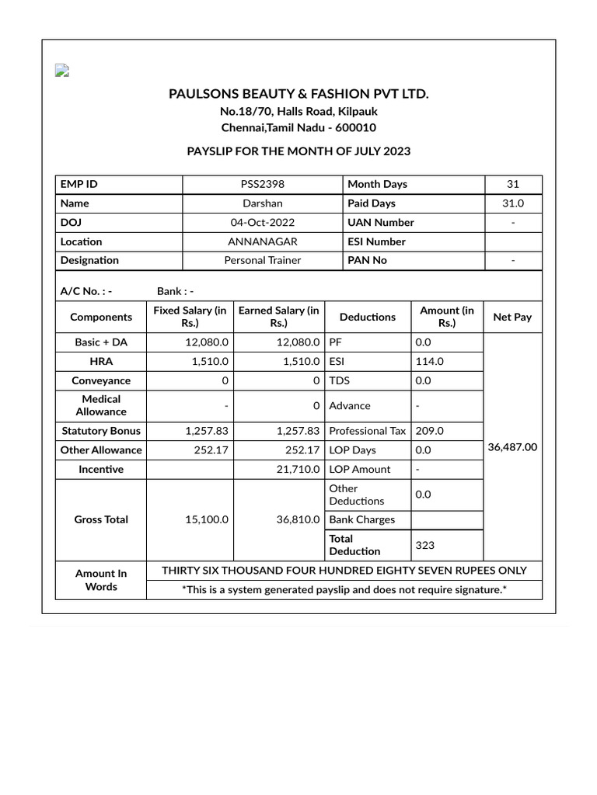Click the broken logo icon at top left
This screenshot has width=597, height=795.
tap(62, 71)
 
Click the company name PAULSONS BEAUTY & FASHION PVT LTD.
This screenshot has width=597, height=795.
tap(298, 94)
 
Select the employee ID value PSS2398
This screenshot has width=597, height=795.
tap(262, 184)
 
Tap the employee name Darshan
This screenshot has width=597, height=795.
tap(262, 203)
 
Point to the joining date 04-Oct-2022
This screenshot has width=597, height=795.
tap(262, 222)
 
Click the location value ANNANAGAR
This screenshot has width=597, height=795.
tap(262, 241)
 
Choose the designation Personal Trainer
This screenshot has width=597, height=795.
tap(262, 260)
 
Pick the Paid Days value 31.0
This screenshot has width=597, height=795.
tap(512, 203)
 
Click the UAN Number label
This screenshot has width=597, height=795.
tap(381, 222)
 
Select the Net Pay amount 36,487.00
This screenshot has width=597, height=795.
tap(512, 447)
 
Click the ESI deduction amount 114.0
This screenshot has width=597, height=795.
tap(429, 361)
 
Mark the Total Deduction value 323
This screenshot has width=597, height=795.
tap(425, 545)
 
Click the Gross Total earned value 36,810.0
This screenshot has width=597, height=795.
tap(298, 519)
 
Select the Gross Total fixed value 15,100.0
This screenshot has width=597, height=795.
tap(207, 519)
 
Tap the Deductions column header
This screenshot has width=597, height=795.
tap(367, 317)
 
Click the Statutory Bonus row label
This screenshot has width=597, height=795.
tap(101, 430)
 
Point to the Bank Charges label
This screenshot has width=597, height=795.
tap(362, 519)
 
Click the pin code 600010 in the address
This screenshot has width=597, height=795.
tap(355, 127)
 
